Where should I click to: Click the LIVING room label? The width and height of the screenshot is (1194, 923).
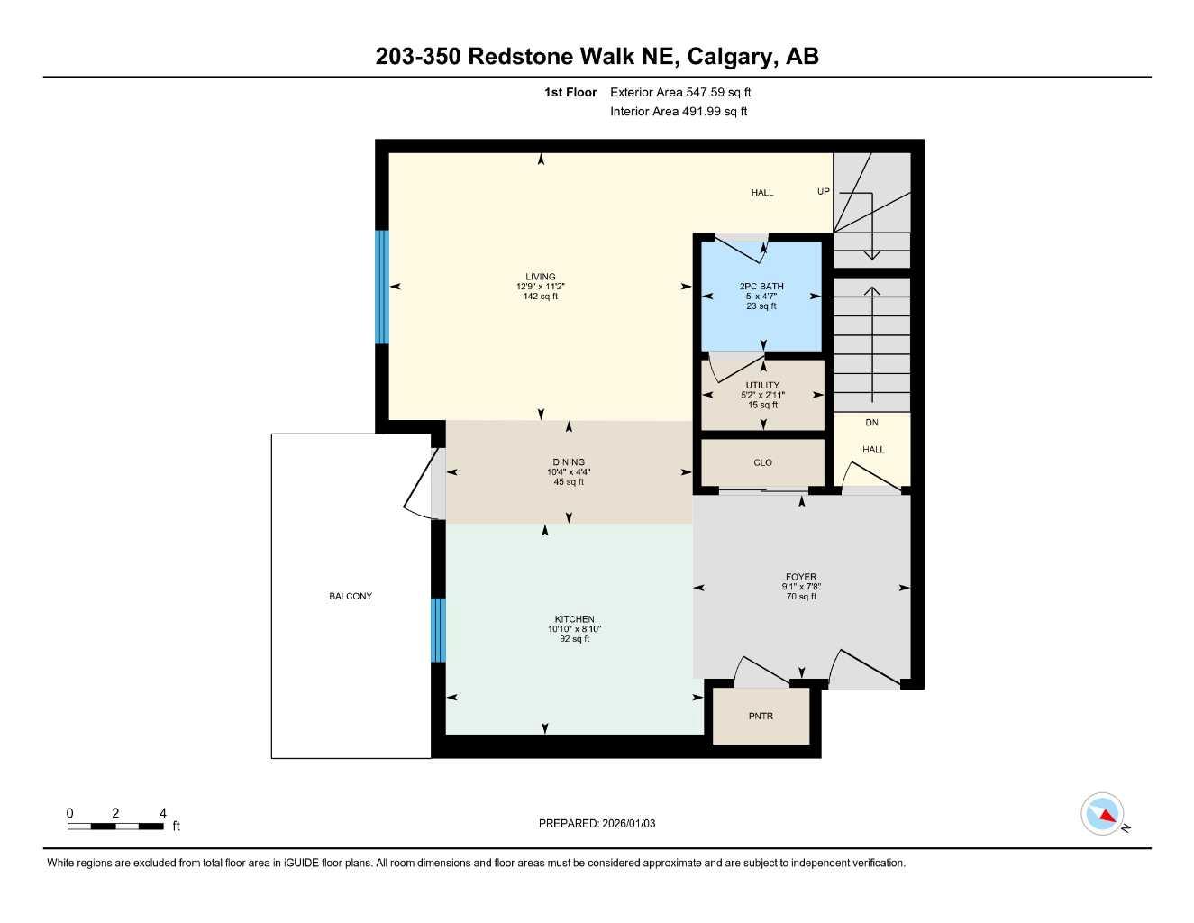coord(541,277)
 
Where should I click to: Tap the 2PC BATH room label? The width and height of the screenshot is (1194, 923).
coord(761,287)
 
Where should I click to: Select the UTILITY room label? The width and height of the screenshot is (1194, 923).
coord(762,385)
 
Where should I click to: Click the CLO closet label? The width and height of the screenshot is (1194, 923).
coord(762,462)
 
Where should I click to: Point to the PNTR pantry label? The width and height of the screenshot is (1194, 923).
coord(761,717)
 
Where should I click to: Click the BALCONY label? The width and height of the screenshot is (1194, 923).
coord(351,596)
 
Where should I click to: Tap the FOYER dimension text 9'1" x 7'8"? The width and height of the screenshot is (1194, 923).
coord(801,587)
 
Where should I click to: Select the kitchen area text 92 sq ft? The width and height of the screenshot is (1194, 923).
coord(574,639)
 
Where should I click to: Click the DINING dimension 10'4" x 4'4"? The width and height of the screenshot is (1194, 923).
coord(569,472)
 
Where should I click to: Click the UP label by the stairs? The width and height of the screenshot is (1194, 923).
coord(823,192)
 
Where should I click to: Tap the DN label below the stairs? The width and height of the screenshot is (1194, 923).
coord(871,423)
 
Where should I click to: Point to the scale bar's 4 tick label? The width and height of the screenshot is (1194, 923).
coord(163,813)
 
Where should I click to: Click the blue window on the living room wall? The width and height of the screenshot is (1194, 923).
coord(382,287)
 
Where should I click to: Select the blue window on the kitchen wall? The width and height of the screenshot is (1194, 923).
coord(438,630)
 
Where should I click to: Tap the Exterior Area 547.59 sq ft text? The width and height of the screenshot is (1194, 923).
coord(680,92)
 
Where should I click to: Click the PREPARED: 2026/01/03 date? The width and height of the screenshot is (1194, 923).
coord(597,823)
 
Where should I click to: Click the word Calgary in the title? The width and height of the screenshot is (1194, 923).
coord(730,57)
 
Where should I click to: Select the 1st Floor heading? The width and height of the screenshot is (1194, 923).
coord(570,92)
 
